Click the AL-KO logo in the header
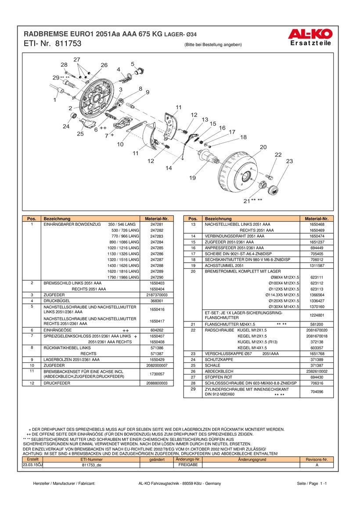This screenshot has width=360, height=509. [310, 33]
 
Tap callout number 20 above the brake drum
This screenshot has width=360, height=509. [263, 147]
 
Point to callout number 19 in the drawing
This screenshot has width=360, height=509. [192, 178]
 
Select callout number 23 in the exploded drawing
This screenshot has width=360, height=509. [289, 162]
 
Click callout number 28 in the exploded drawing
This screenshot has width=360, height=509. [64, 65]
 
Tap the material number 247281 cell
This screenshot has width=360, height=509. [157, 224]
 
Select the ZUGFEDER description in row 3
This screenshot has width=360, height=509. [54, 294]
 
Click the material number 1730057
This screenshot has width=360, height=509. [157, 374]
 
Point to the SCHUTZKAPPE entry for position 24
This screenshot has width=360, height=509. [220, 359]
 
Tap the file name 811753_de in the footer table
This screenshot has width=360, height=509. [92, 465]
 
